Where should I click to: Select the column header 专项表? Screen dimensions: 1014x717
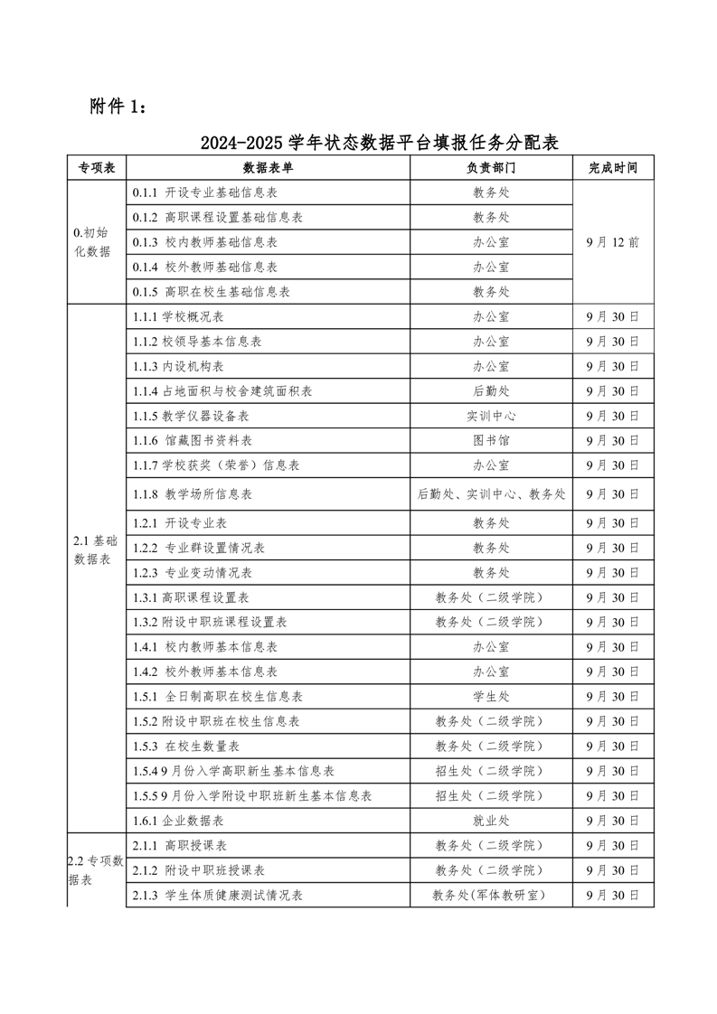(x=96, y=168)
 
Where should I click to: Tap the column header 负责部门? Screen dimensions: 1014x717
(x=491, y=168)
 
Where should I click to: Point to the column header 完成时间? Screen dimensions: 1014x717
(x=612, y=168)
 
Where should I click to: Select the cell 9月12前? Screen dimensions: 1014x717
(x=612, y=242)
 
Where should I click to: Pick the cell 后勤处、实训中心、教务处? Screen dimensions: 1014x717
(x=491, y=494)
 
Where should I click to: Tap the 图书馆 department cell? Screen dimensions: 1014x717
(x=491, y=440)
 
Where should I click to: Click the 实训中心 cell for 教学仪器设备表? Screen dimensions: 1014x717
(x=491, y=416)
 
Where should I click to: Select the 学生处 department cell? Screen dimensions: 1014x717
(x=491, y=697)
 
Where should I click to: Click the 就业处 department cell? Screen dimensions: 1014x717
(x=491, y=821)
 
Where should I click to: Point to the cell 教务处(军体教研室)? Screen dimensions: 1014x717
(x=491, y=895)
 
